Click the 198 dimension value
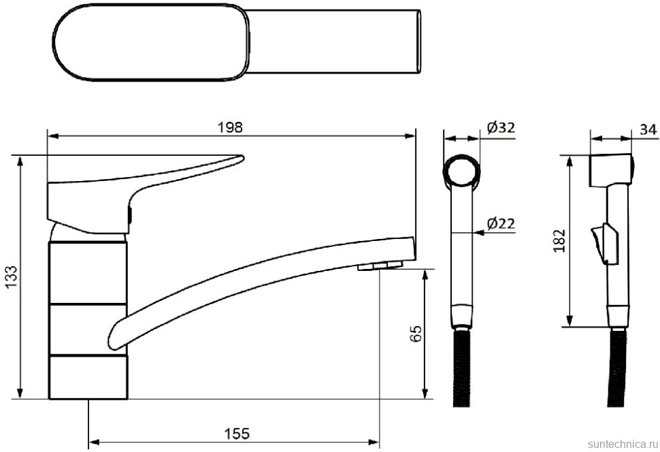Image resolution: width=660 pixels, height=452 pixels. [x=230, y=127]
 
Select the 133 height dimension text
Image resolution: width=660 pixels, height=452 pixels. [x=12, y=277]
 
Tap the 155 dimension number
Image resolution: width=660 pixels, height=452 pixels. [x=237, y=434]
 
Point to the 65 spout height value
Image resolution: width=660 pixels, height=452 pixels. [x=415, y=334]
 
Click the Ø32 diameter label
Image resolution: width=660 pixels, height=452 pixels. [x=501, y=127]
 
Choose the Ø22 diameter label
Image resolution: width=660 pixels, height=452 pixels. [x=501, y=223]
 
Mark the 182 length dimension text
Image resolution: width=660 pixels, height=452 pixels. [x=559, y=241]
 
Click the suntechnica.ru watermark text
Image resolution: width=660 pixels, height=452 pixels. [x=623, y=444]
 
